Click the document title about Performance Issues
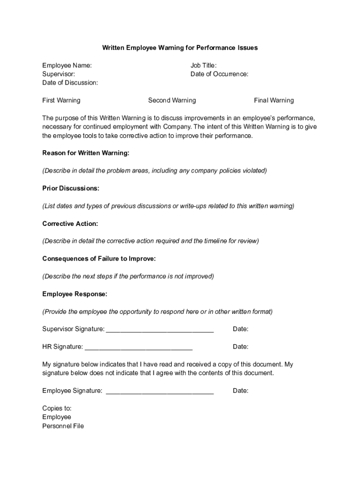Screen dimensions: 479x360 [180, 48]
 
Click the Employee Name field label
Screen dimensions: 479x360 [67, 65]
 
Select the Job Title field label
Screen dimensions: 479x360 [203, 65]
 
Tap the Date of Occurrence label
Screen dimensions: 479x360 [219, 74]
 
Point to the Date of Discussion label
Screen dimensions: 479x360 [70, 82]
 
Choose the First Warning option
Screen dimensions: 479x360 [61, 100]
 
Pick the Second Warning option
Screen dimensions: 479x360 [172, 100]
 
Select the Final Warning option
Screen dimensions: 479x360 [274, 100]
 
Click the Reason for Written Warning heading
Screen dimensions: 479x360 [86, 153]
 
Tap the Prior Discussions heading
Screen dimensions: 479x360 [71, 188]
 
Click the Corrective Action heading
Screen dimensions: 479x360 [70, 224]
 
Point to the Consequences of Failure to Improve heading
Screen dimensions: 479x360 [99, 259]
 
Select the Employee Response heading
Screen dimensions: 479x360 [75, 294]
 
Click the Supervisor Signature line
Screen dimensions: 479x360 [160, 330]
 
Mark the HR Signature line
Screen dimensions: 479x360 [139, 348]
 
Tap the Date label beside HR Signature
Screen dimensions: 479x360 [240, 347]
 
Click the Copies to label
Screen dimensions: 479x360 [57, 408]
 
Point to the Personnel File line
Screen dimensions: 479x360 [63, 426]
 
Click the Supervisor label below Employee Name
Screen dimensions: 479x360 [58, 74]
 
